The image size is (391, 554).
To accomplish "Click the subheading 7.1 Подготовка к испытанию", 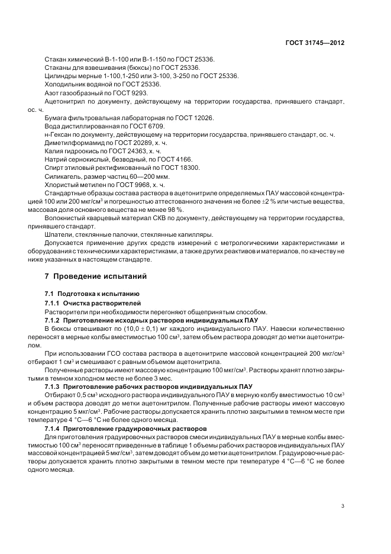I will click(92, 294).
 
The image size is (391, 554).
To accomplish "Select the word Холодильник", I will click(66, 85).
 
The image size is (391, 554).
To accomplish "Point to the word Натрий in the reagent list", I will click(56, 160).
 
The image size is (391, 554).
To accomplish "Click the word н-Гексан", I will click(57, 135).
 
